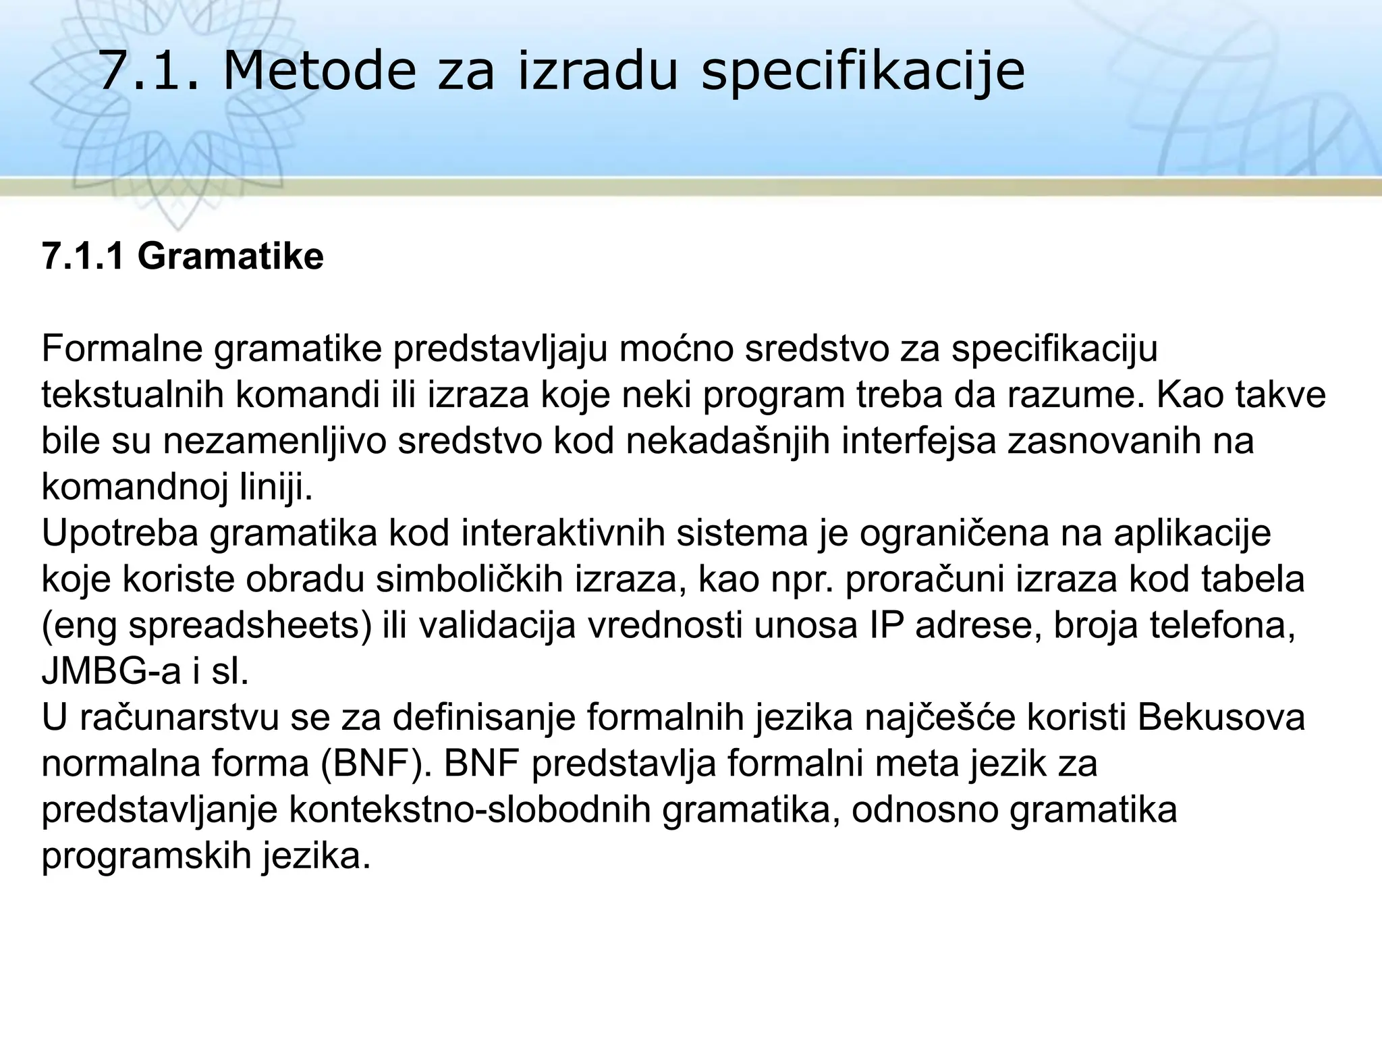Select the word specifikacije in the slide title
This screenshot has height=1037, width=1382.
pos(863,73)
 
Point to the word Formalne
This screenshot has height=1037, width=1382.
pos(121,348)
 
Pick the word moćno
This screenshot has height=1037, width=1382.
pos(673,348)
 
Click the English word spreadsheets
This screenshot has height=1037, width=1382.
pos(250,625)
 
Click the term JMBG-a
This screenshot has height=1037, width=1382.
pos(111,672)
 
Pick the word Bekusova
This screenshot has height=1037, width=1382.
pos(1221,718)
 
